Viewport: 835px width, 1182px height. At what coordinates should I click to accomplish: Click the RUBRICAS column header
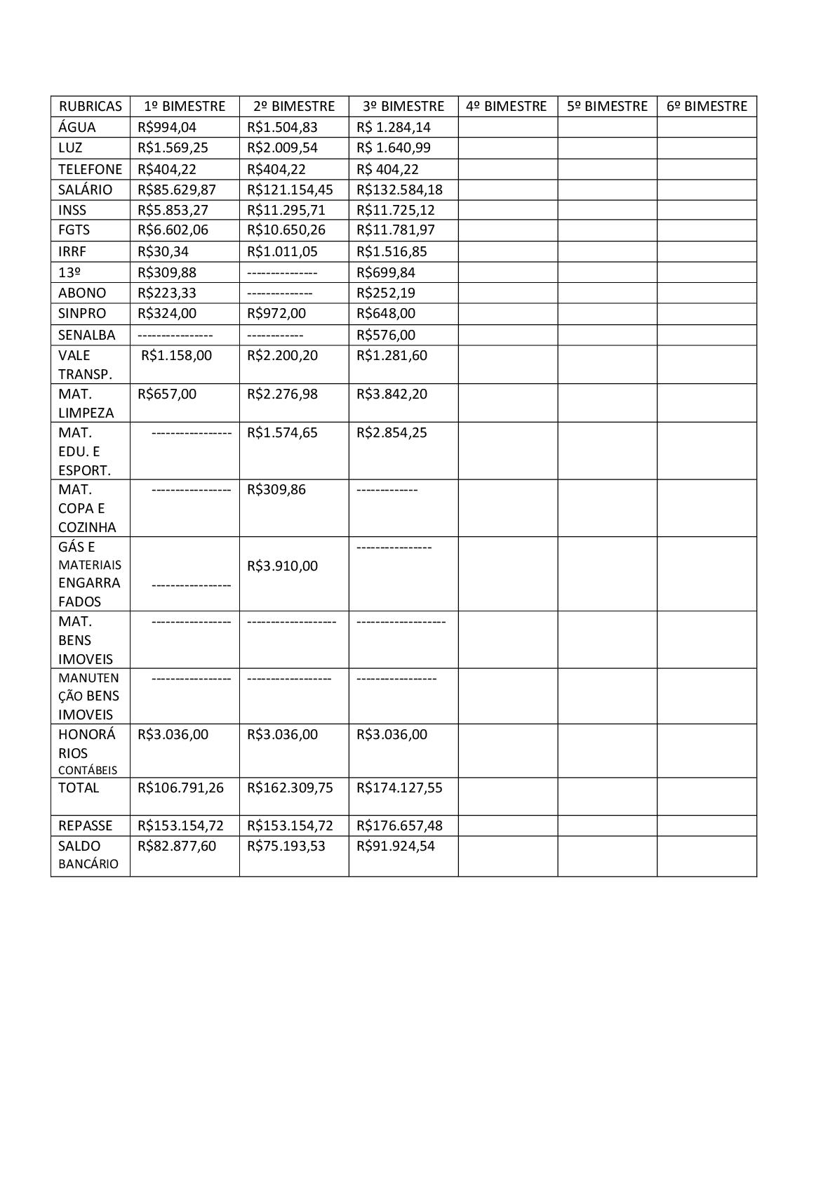point(90,106)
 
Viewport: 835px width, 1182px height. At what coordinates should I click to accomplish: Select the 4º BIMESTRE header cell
point(506,106)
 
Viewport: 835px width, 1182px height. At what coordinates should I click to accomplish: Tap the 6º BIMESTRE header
point(707,106)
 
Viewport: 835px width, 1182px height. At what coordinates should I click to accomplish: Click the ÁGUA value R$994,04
point(167,127)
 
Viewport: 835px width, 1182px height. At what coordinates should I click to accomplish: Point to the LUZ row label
point(70,147)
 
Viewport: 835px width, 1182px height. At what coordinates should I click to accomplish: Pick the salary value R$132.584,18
point(399,190)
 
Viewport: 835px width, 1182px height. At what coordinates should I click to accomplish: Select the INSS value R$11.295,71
point(286,210)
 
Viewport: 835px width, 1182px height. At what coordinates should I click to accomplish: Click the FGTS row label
point(74,230)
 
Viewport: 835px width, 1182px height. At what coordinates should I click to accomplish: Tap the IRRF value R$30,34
point(163,251)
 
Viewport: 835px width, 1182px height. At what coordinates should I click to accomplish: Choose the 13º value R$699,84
point(386,272)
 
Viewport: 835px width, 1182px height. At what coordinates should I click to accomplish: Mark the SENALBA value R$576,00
point(386,335)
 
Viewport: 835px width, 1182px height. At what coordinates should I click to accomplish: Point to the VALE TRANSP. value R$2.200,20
point(282,355)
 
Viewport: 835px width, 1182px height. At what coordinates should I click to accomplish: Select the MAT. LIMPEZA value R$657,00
point(167,394)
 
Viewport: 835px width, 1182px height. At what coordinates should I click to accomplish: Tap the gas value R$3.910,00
point(282,566)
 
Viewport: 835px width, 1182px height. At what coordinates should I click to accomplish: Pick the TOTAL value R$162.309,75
point(290,788)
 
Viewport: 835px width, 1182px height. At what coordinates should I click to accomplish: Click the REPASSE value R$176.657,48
point(399,825)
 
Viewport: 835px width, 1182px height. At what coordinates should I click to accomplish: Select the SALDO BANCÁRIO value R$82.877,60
point(177,846)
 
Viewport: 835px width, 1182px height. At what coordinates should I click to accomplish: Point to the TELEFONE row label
point(90,169)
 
